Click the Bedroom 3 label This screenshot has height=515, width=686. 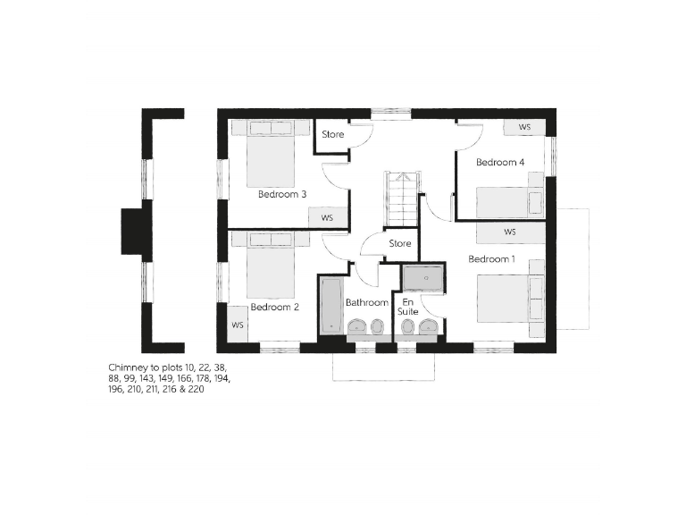282,194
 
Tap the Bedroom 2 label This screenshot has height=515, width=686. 274,307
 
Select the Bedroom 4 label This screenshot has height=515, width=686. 499,163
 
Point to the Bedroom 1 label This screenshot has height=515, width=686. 492,259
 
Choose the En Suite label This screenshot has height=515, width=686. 408,307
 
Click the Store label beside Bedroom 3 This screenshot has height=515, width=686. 333,135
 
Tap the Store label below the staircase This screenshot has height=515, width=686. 399,243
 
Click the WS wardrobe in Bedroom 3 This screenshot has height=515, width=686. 327,217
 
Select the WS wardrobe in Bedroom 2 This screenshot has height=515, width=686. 238,325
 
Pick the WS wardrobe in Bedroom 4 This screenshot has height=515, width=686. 524,128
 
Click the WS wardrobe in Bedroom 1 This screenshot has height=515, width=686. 509,232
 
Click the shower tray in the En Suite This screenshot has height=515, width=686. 422,278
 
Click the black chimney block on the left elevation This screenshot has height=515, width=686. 131,233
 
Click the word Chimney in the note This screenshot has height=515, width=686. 127,367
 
